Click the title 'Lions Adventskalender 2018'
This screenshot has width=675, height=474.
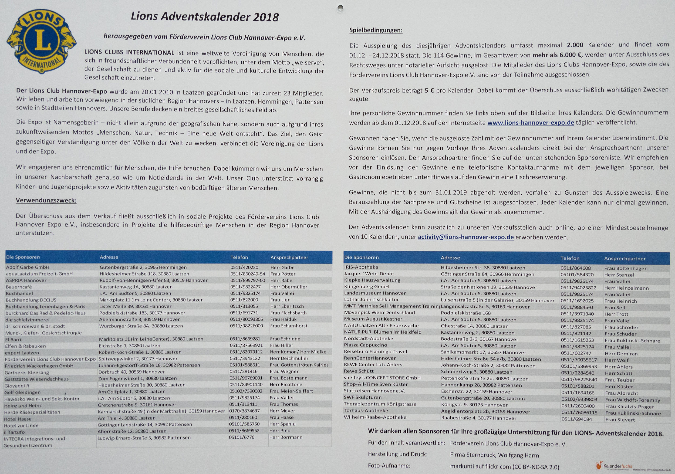[x=205, y=17]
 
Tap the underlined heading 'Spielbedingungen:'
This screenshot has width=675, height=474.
[x=376, y=30]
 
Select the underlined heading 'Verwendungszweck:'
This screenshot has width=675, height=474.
[x=46, y=201]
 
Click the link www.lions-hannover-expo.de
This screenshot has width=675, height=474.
[x=530, y=123]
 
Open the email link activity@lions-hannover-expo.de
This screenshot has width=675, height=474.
[x=466, y=237]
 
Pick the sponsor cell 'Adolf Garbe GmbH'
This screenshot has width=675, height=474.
[x=28, y=267]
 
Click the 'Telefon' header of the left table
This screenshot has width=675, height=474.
[x=239, y=258]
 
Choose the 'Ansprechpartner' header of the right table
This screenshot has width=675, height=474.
[x=625, y=259]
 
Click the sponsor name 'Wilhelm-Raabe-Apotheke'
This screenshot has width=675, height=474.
[x=375, y=417]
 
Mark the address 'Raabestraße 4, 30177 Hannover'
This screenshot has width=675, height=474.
[x=478, y=418]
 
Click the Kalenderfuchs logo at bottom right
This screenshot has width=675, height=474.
[x=613, y=466]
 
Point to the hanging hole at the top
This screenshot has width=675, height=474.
[x=340, y=8]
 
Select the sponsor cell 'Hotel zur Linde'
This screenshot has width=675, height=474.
[x=21, y=425]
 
